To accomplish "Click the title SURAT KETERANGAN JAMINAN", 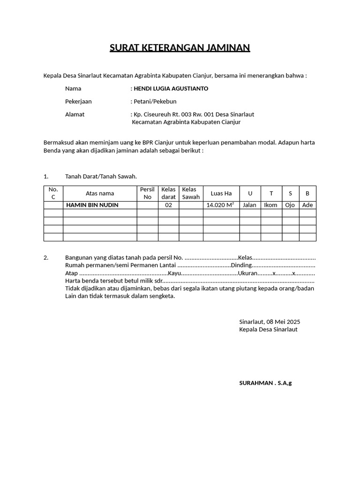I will point(180,48).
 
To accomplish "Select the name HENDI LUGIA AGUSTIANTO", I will point(171,88).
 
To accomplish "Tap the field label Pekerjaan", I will point(78,101).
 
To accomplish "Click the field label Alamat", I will point(75,114).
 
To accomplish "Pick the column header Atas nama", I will point(100,193).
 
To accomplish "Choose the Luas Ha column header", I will point(221,193).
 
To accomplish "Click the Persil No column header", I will point(147,193).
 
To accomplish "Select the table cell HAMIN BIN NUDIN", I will point(92,205).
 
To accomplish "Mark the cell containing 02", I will point(168,205).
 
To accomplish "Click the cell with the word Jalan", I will point(249,205).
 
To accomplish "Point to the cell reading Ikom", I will point(270,205).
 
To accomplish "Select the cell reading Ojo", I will point(290,205).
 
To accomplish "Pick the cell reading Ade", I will point(307,205).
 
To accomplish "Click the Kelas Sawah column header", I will point(191,193).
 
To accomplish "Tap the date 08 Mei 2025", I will point(283,322).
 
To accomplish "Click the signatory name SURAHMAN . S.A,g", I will point(265,383).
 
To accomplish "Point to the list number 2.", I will point(46,258).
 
